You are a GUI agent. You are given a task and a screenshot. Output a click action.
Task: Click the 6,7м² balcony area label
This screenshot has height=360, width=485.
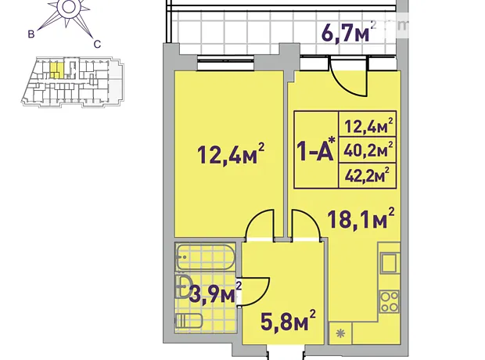(x=349, y=32)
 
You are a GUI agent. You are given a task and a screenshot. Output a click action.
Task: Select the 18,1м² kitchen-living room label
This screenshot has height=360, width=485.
(x=361, y=218)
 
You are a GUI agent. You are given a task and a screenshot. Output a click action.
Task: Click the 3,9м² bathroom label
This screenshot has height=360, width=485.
(x=215, y=293)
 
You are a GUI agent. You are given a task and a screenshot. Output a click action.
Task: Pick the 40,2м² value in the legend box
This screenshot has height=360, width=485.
(x=368, y=150)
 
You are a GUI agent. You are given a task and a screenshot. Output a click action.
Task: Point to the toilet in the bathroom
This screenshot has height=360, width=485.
(x=189, y=321)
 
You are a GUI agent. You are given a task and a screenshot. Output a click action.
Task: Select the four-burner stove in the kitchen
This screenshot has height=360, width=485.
(x=390, y=302)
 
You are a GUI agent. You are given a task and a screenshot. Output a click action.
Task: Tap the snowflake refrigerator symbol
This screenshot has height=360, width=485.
(x=340, y=333)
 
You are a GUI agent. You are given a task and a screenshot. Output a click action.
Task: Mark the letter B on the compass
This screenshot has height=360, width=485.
(x=31, y=34)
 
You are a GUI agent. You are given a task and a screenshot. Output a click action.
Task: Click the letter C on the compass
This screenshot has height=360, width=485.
(x=97, y=45)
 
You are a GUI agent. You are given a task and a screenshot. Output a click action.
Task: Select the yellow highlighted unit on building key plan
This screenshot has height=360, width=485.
(x=57, y=70)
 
